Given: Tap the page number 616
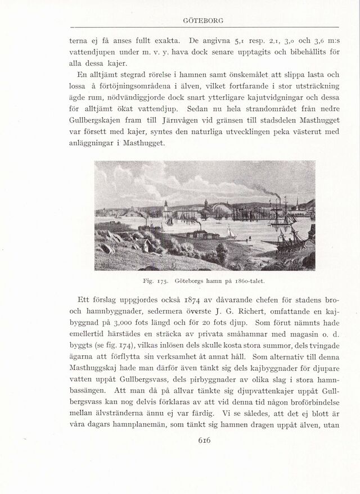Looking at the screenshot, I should pyautogui.click(x=204, y=441).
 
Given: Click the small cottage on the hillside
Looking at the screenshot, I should pyautogui.click(x=145, y=246).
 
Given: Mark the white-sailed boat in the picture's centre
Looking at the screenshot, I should pyautogui.click(x=229, y=232).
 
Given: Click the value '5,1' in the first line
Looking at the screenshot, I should pyautogui.click(x=240, y=41).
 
